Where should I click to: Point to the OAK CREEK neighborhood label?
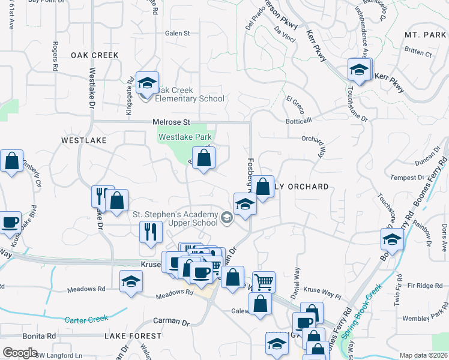(95, 55)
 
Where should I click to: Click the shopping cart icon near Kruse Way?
(264, 281)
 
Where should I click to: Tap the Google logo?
(21, 352)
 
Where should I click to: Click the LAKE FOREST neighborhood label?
(133, 336)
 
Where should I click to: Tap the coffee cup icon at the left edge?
(10, 222)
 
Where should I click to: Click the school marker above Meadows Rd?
(131, 281)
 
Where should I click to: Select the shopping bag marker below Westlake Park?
(204, 159)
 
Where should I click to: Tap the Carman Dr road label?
(171, 322)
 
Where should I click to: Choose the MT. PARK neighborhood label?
(425, 35)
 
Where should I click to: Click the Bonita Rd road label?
(39, 336)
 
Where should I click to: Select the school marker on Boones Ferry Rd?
(392, 240)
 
